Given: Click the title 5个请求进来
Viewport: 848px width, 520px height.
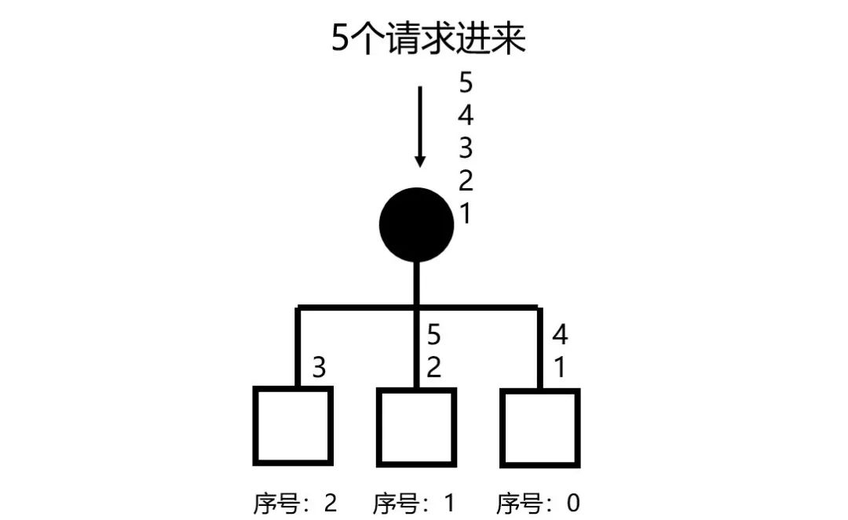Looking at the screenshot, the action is coord(428,39).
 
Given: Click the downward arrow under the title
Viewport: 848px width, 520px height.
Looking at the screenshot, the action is coord(420,125).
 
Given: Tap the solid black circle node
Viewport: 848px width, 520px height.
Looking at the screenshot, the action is coord(417,224).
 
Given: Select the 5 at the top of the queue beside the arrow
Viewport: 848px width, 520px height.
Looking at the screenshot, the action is coord(466,83).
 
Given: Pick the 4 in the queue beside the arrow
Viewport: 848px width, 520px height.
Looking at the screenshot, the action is coord(466,116).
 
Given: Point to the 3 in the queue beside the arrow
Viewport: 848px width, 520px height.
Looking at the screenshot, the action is coord(466,148).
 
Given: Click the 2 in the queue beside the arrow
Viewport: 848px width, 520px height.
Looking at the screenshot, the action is coord(466,181).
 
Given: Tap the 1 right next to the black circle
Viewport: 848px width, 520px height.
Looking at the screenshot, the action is coord(466,213).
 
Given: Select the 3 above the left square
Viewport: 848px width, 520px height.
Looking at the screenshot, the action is coord(319,367).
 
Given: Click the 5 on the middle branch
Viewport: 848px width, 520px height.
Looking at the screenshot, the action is coord(434,335).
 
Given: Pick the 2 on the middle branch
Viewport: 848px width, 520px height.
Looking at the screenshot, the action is coord(434,367).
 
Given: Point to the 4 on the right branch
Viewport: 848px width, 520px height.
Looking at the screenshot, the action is coord(560,335).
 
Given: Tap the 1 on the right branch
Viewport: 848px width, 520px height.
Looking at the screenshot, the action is coord(560,367).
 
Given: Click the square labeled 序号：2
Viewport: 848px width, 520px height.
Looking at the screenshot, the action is coord(292,426).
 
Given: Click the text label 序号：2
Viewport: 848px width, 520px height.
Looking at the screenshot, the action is coord(295,503).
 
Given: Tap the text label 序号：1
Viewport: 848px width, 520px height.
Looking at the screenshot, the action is coord(414,503).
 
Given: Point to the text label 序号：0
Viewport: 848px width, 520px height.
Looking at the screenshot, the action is coord(539,503).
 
